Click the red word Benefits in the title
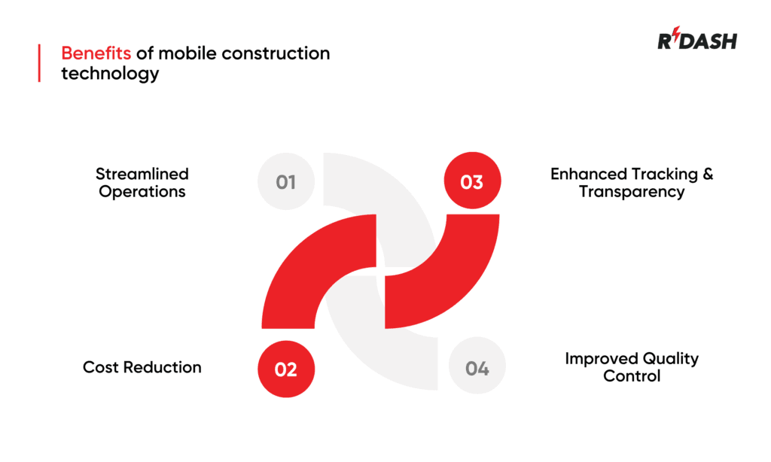pos(96,54)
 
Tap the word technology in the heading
pos(110,74)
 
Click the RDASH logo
pos(696,41)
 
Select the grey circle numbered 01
pos(285,182)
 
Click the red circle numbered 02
pos(286,369)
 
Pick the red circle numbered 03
pos(471,182)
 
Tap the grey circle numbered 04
pos(477,369)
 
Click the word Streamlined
pos(142,174)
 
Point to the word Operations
pos(142,191)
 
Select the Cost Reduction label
pos(142,367)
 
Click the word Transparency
pos(632,191)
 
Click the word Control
pos(632,375)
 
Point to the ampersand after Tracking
pos(707,174)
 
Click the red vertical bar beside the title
pos(39,63)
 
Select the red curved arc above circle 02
pos(301,271)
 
